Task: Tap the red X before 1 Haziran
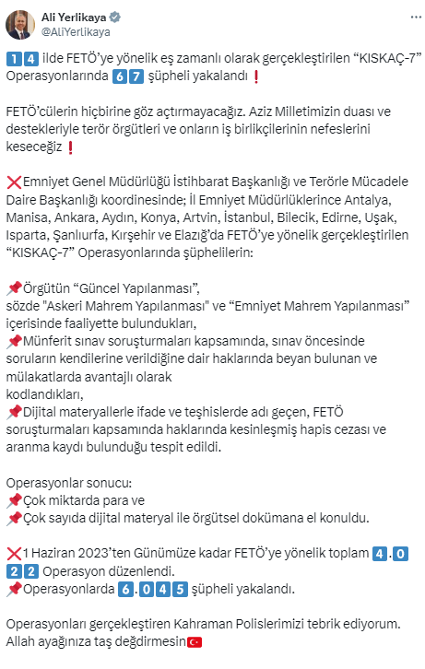13,554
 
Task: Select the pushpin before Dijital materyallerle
13,411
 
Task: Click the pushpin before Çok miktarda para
13,500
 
